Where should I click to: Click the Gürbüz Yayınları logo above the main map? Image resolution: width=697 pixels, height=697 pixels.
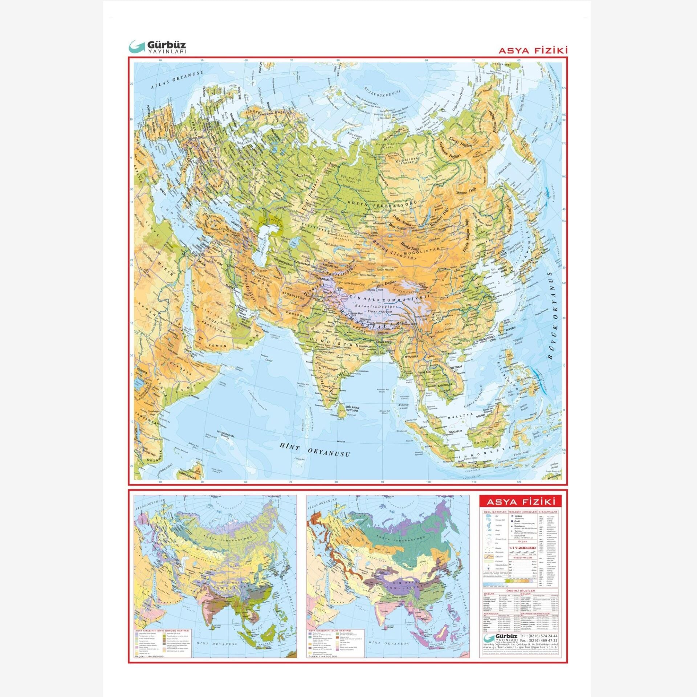tap(158, 47)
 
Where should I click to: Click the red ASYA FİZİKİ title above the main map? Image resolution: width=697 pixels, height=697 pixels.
tap(533, 50)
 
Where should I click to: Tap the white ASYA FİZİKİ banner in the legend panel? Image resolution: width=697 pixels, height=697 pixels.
tap(521, 502)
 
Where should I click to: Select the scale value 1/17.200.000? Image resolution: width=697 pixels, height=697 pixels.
tap(522, 548)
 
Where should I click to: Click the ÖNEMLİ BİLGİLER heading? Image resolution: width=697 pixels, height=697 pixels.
tap(521, 591)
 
